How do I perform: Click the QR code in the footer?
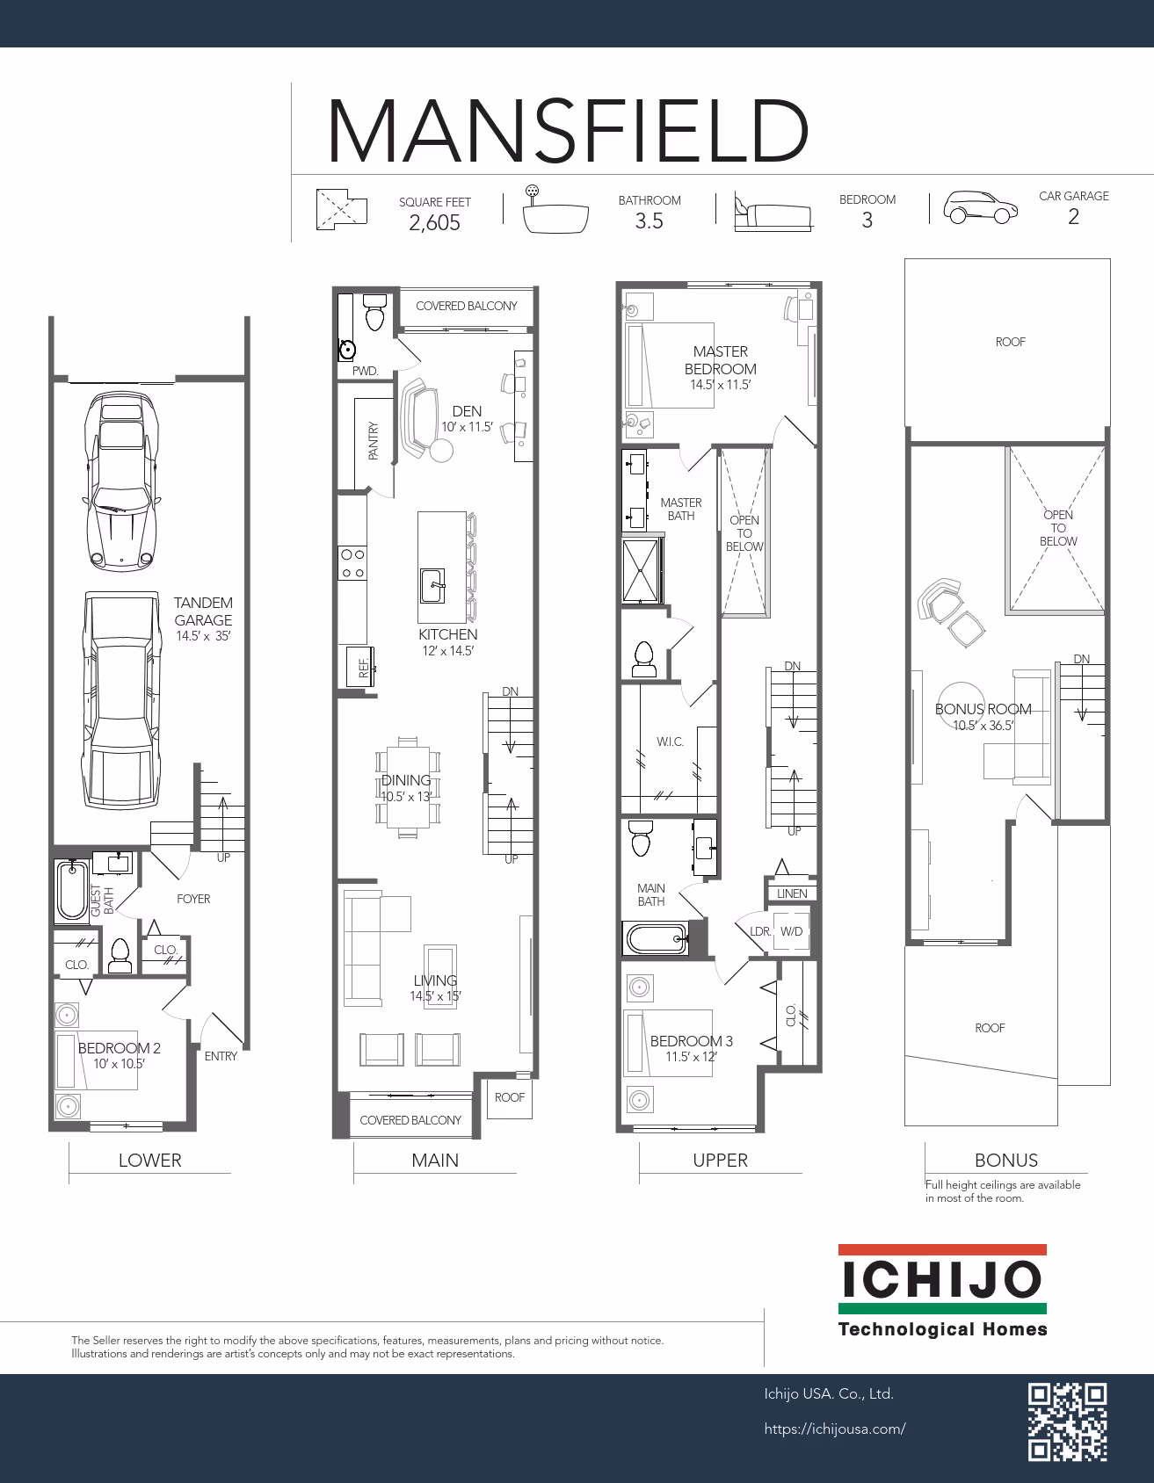(x=1068, y=1422)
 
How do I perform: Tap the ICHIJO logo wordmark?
(x=942, y=1279)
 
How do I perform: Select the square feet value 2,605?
(x=434, y=222)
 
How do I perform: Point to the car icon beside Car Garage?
(x=981, y=207)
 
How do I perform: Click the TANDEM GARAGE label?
(x=203, y=611)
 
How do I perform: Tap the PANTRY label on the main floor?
(x=373, y=441)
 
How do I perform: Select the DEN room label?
(x=467, y=411)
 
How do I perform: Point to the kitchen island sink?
(x=432, y=586)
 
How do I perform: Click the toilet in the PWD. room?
(x=375, y=312)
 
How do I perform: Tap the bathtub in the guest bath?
(x=71, y=891)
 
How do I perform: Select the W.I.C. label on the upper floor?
(x=670, y=742)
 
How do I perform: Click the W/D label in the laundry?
(x=791, y=931)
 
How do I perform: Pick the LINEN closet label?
(x=792, y=893)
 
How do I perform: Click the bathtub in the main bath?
(x=656, y=938)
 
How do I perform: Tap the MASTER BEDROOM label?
(x=721, y=360)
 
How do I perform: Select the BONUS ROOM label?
(x=983, y=709)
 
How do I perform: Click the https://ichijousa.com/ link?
(x=835, y=1429)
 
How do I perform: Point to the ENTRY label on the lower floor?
(x=221, y=1056)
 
